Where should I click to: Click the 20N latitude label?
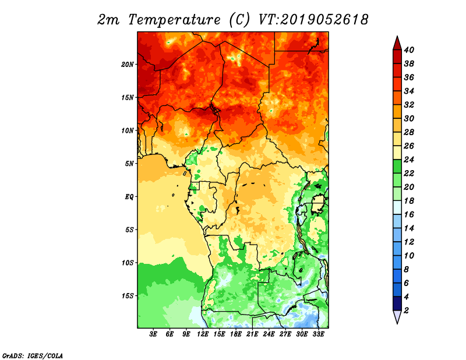pyautogui.click(x=127, y=65)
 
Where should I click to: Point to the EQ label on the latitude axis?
pyautogui.click(x=129, y=197)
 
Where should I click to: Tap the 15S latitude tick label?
pyautogui.click(x=127, y=296)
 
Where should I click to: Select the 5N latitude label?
pyautogui.click(x=129, y=164)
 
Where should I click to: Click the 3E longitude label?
pyautogui.click(x=153, y=334)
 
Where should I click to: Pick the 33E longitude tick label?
pyautogui.click(x=318, y=334)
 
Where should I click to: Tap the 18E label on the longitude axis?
pyautogui.click(x=236, y=334)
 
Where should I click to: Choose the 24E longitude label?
pyautogui.click(x=269, y=334)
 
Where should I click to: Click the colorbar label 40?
pyautogui.click(x=409, y=50)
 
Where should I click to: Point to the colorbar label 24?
pyautogui.click(x=409, y=160)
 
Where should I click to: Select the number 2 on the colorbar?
pyautogui.click(x=406, y=310)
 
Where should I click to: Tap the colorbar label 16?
pyautogui.click(x=409, y=214)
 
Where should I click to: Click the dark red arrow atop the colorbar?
pyautogui.click(x=397, y=44)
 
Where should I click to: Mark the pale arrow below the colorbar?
pyautogui.click(x=397, y=316)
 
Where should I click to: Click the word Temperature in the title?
pyautogui.click(x=174, y=20)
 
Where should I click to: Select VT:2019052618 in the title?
pyautogui.click(x=313, y=20)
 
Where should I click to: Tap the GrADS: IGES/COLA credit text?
pyautogui.click(x=33, y=356)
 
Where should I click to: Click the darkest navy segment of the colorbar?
pyautogui.click(x=397, y=303)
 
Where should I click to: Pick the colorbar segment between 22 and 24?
pyautogui.click(x=397, y=167)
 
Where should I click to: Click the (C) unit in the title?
pyautogui.click(x=239, y=20)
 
